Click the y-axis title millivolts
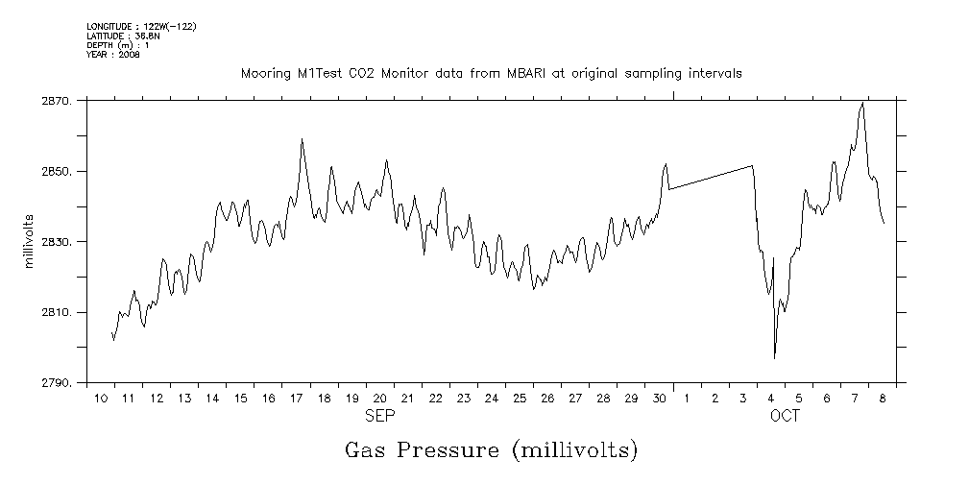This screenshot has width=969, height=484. click(29, 242)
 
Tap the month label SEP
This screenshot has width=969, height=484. click(378, 417)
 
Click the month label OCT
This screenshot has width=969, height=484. click(785, 417)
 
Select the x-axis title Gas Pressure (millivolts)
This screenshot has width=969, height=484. click(491, 449)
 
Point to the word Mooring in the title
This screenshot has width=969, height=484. click(264, 73)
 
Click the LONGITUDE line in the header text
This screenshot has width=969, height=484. click(141, 26)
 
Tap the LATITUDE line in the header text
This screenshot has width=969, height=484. click(122, 36)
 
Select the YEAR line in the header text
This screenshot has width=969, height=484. click(113, 55)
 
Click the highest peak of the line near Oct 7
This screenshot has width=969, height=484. click(862, 103)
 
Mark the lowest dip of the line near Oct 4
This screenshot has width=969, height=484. click(774, 357)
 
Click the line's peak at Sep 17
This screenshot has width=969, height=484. click(302, 139)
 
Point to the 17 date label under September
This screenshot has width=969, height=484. click(297, 398)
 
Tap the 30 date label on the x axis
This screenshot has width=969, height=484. click(659, 398)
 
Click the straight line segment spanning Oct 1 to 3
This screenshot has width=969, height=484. click(711, 178)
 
